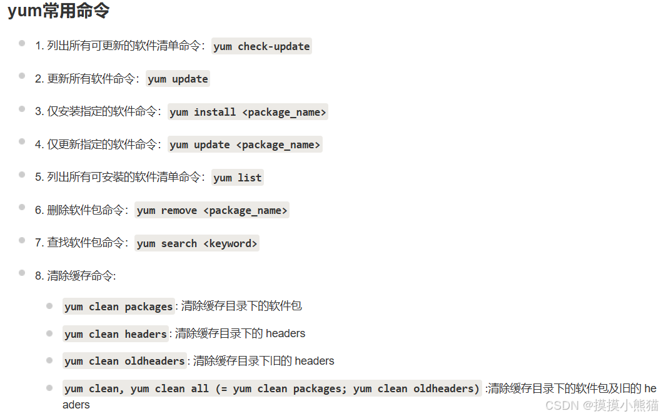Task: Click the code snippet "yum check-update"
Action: [x=261, y=46]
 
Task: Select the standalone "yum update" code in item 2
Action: [x=178, y=79]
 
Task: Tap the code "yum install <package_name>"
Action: [x=248, y=112]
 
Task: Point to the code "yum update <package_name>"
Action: [x=245, y=145]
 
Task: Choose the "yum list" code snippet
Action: [x=237, y=178]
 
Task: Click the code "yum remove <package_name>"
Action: [x=212, y=210]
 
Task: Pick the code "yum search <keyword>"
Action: [x=197, y=243]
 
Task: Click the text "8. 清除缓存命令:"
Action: [x=75, y=276]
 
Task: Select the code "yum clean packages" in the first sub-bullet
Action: [x=118, y=307]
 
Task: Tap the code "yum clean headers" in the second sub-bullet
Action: [x=115, y=334]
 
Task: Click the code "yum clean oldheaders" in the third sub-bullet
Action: [x=124, y=361]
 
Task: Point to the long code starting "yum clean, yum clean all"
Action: [x=271, y=388]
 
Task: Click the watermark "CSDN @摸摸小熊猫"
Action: [x=602, y=405]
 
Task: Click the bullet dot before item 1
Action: [x=22, y=43]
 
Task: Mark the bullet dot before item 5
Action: [x=22, y=175]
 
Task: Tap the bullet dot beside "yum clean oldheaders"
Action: [x=49, y=360]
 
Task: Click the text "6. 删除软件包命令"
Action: [x=79, y=210]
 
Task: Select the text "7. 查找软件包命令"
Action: [x=79, y=243]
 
